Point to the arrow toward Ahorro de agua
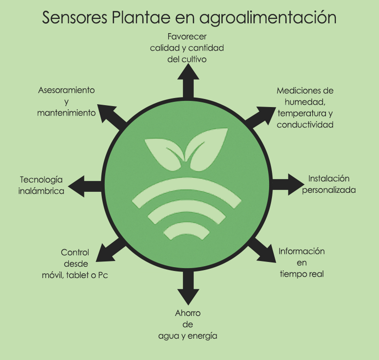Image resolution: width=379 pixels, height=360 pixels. (x=189, y=289)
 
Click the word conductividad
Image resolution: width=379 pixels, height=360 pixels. (x=305, y=125)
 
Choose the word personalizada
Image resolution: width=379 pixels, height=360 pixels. (x=329, y=190)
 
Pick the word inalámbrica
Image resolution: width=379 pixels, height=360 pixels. (x=41, y=191)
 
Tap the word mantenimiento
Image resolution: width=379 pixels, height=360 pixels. (x=66, y=113)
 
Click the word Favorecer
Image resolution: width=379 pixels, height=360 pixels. (x=188, y=36)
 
